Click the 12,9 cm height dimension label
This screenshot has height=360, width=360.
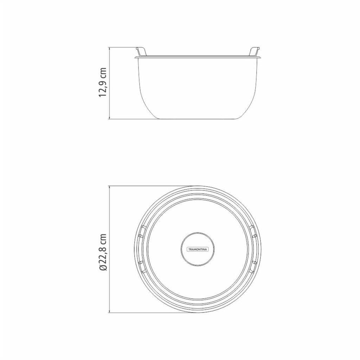click(x=103, y=82)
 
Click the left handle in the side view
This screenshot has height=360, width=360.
click(x=141, y=51)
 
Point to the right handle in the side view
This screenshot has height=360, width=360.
click(x=255, y=51)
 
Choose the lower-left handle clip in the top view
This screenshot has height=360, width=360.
click(x=142, y=267)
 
